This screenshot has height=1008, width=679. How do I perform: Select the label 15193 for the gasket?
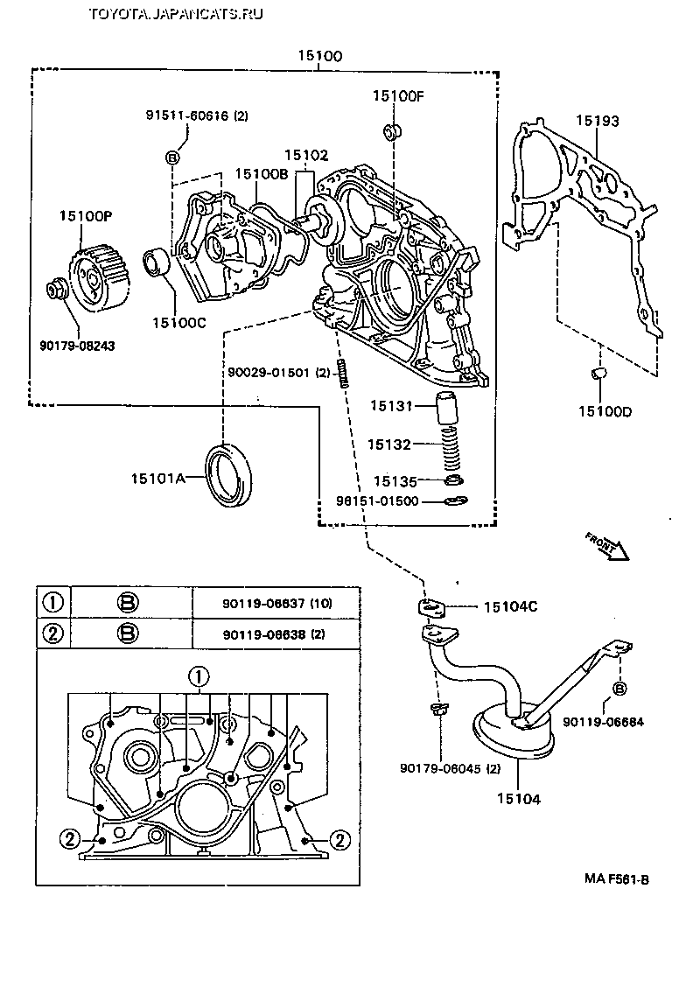click(x=597, y=122)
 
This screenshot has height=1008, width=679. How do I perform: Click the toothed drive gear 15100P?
click(x=96, y=278)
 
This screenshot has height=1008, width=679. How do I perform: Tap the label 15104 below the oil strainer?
click(x=519, y=798)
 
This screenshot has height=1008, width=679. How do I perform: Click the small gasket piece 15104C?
click(x=432, y=607)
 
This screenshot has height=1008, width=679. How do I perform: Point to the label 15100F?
click(x=397, y=96)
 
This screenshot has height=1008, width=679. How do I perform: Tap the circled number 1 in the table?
click(x=53, y=603)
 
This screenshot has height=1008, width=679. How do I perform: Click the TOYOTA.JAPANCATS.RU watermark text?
click(x=176, y=13)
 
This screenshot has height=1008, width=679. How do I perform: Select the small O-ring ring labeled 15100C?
click(x=158, y=262)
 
